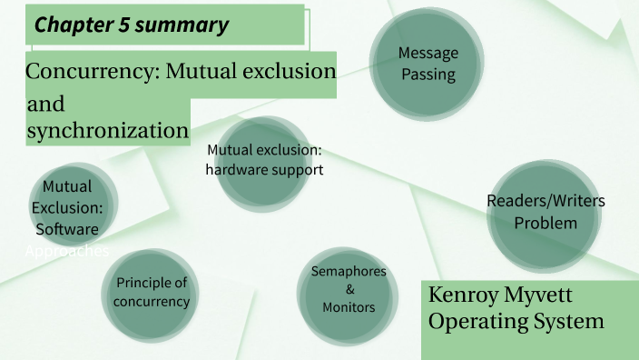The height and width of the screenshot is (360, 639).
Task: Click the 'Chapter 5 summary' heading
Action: pos(132,25)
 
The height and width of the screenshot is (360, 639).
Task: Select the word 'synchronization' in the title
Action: pos(107,130)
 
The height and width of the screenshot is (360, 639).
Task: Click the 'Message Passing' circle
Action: pos(428,64)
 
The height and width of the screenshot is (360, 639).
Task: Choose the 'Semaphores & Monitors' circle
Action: pos(349,289)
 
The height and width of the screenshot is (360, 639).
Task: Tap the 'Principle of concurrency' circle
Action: pos(152,292)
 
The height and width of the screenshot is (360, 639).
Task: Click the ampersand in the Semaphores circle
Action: pos(349,289)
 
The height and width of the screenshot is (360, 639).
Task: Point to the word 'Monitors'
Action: pos(349,307)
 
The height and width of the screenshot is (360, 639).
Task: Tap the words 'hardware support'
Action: pos(264,169)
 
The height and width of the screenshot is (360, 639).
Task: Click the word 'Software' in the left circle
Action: pos(66,229)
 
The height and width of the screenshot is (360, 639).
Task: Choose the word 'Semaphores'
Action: pos(349,272)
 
